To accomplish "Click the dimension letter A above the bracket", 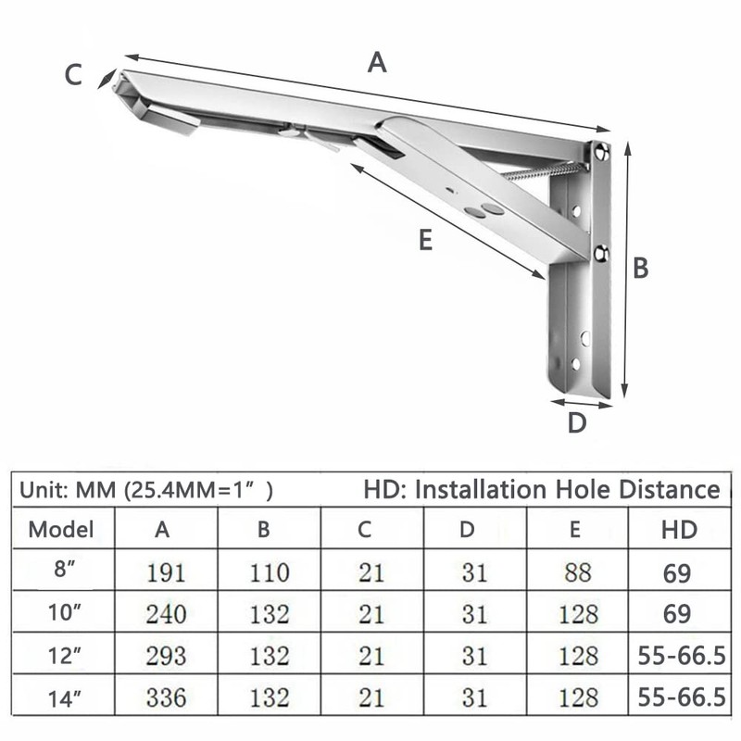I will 376,62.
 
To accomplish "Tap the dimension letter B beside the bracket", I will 640,268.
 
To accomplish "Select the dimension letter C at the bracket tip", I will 74,75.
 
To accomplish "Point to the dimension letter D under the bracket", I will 577,423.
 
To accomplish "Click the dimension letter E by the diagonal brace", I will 424,240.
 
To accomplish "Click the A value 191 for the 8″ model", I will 166,572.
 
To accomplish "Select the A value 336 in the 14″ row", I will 166,697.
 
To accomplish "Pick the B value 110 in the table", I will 269,572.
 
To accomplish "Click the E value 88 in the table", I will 577,572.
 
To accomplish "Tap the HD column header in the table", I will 679,530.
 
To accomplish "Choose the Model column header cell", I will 61,530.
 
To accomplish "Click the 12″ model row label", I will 61,655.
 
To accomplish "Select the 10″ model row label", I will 61,613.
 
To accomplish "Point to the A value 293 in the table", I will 166,656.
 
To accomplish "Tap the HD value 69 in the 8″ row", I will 677,572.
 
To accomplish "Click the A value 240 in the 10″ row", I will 166,614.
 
